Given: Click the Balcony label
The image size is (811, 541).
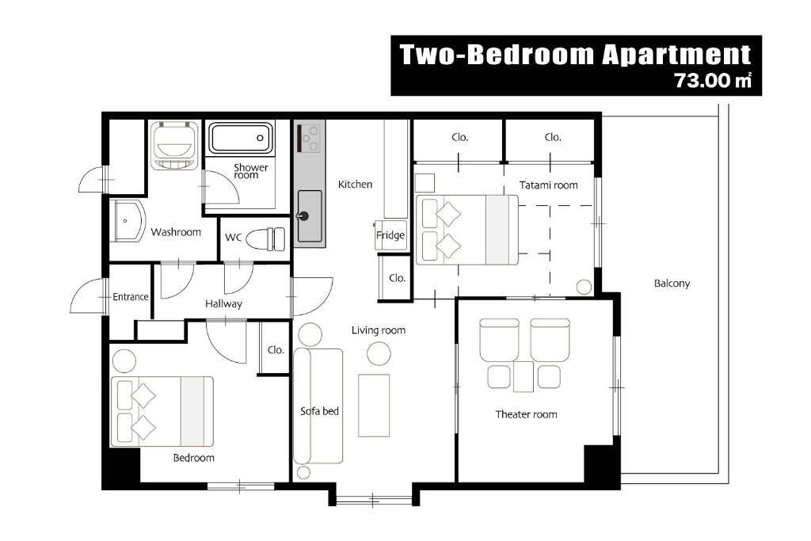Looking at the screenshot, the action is point(672,284).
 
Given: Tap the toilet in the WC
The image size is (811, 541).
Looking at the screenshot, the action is point(265,239).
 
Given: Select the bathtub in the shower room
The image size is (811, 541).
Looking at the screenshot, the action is point(240,138).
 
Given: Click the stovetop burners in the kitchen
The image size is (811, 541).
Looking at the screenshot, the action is point(310,138).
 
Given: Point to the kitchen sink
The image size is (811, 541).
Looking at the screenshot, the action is point(310,216).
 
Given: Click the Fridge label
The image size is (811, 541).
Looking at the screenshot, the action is point(390,235).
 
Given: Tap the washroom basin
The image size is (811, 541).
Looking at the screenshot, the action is point(128,221).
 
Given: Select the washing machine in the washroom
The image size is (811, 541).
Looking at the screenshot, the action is point(175,145).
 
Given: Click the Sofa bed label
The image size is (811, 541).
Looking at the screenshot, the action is point(319,411).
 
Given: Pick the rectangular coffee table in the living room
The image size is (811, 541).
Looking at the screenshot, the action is point(374,406).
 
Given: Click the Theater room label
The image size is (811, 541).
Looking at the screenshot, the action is point(526,414).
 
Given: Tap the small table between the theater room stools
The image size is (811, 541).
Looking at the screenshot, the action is point(523,376).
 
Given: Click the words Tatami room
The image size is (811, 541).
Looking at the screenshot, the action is point(548,185).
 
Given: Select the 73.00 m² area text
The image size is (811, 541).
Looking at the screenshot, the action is point(712,81).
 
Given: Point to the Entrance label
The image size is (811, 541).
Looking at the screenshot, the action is point(131,297).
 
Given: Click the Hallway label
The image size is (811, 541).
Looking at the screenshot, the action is point(223,304).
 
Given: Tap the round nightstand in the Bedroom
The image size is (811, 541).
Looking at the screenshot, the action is point(124,360).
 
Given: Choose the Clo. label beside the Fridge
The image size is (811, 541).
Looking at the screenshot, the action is point(397,278).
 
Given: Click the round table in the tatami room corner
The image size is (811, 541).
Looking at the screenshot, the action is point(584,287).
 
